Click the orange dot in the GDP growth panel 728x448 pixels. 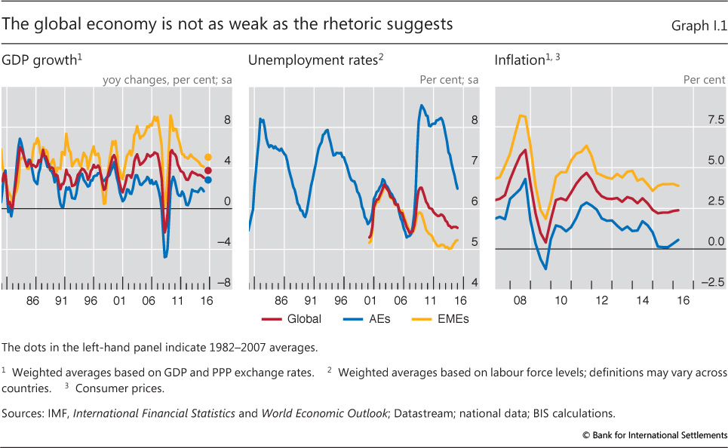pyautogui.click(x=208, y=157)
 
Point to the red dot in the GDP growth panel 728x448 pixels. pyautogui.click(x=208, y=170)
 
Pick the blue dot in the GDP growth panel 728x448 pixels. pyautogui.click(x=208, y=180)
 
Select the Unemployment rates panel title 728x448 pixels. pyautogui.click(x=312, y=61)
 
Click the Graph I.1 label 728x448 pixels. pyautogui.click(x=699, y=26)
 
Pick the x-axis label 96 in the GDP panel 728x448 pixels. pyautogui.click(x=90, y=300)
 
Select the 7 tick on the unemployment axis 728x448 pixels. pyautogui.click(x=474, y=161)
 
